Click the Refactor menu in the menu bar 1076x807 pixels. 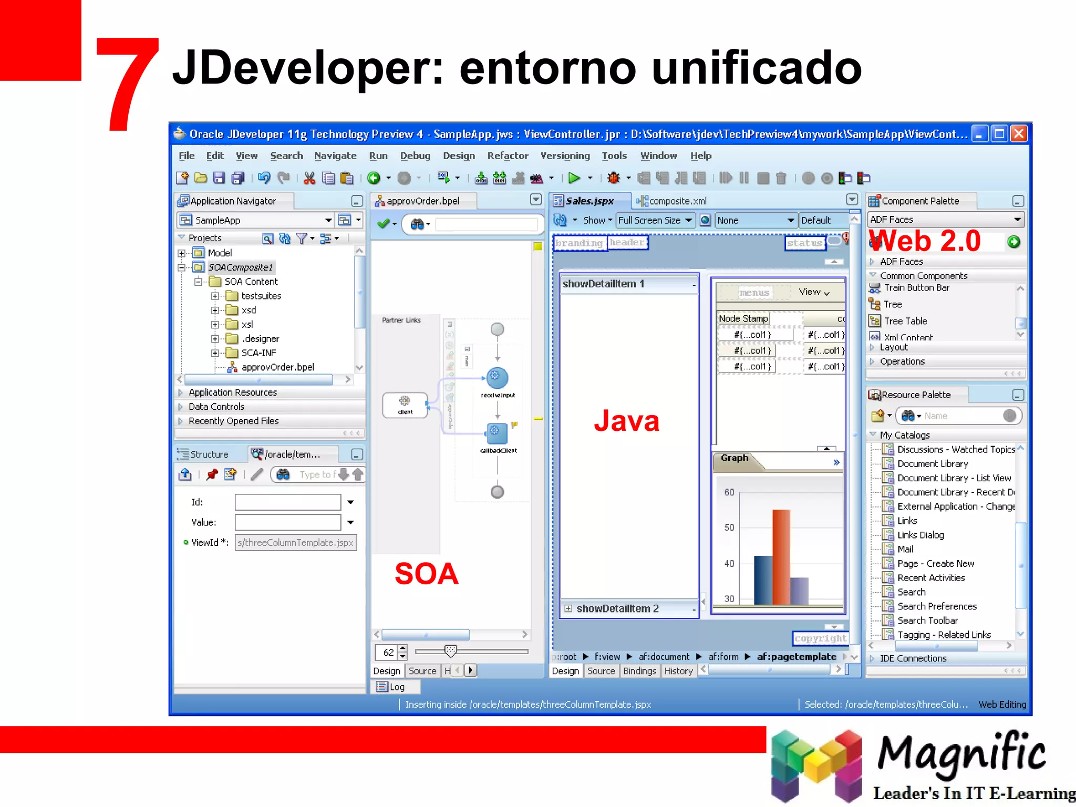pos(508,156)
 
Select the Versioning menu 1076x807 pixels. pos(565,156)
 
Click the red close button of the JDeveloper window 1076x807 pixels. pos(1019,134)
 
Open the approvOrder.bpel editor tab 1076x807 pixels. pos(422,201)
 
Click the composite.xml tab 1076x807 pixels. pos(677,201)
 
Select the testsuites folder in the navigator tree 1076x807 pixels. pos(261,296)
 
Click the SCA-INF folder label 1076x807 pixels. pos(258,353)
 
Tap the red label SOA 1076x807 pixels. pos(426,573)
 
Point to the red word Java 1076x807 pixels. pos(626,421)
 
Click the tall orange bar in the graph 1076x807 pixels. pos(781,557)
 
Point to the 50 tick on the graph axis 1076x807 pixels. pos(729,527)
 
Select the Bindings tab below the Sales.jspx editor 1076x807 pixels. pos(639,671)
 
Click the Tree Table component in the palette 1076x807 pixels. pos(905,321)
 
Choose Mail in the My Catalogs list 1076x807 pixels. pos(905,549)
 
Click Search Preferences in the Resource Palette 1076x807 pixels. pos(937,606)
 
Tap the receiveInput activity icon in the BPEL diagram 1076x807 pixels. pos(497,377)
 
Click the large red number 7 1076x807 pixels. pos(127,84)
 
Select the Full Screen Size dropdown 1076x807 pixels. pos(655,221)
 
